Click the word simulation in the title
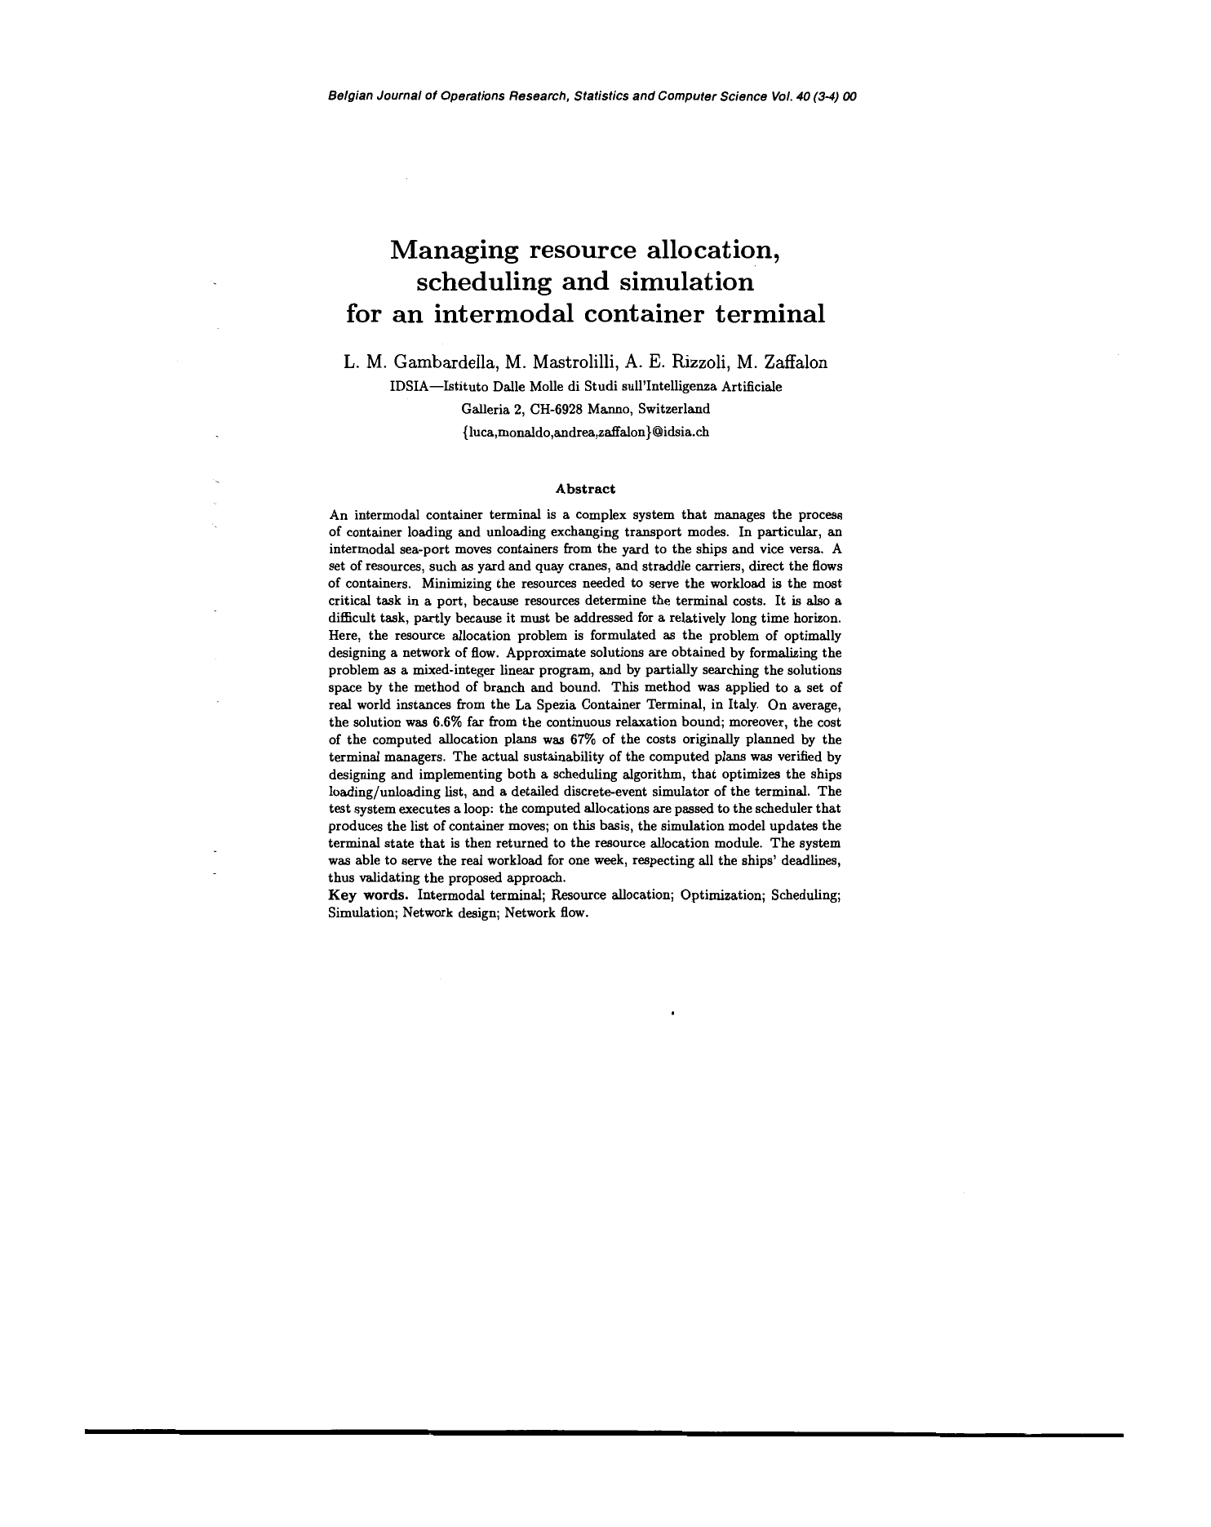tap(686, 282)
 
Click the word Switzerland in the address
tap(676, 409)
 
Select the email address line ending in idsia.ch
tap(585, 432)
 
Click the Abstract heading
tap(585, 489)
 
